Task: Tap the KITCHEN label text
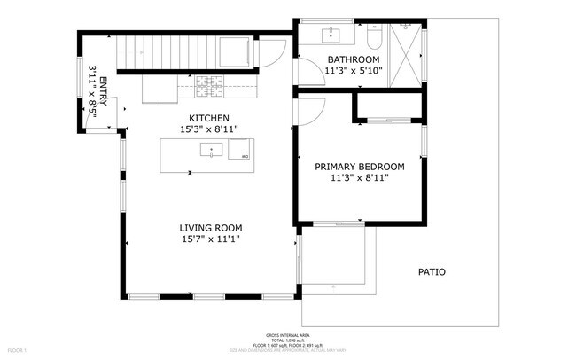209,118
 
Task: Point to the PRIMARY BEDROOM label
360,166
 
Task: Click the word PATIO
432,271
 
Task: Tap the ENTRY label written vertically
103,91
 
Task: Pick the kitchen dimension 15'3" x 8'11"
209,129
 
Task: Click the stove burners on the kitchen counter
209,86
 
